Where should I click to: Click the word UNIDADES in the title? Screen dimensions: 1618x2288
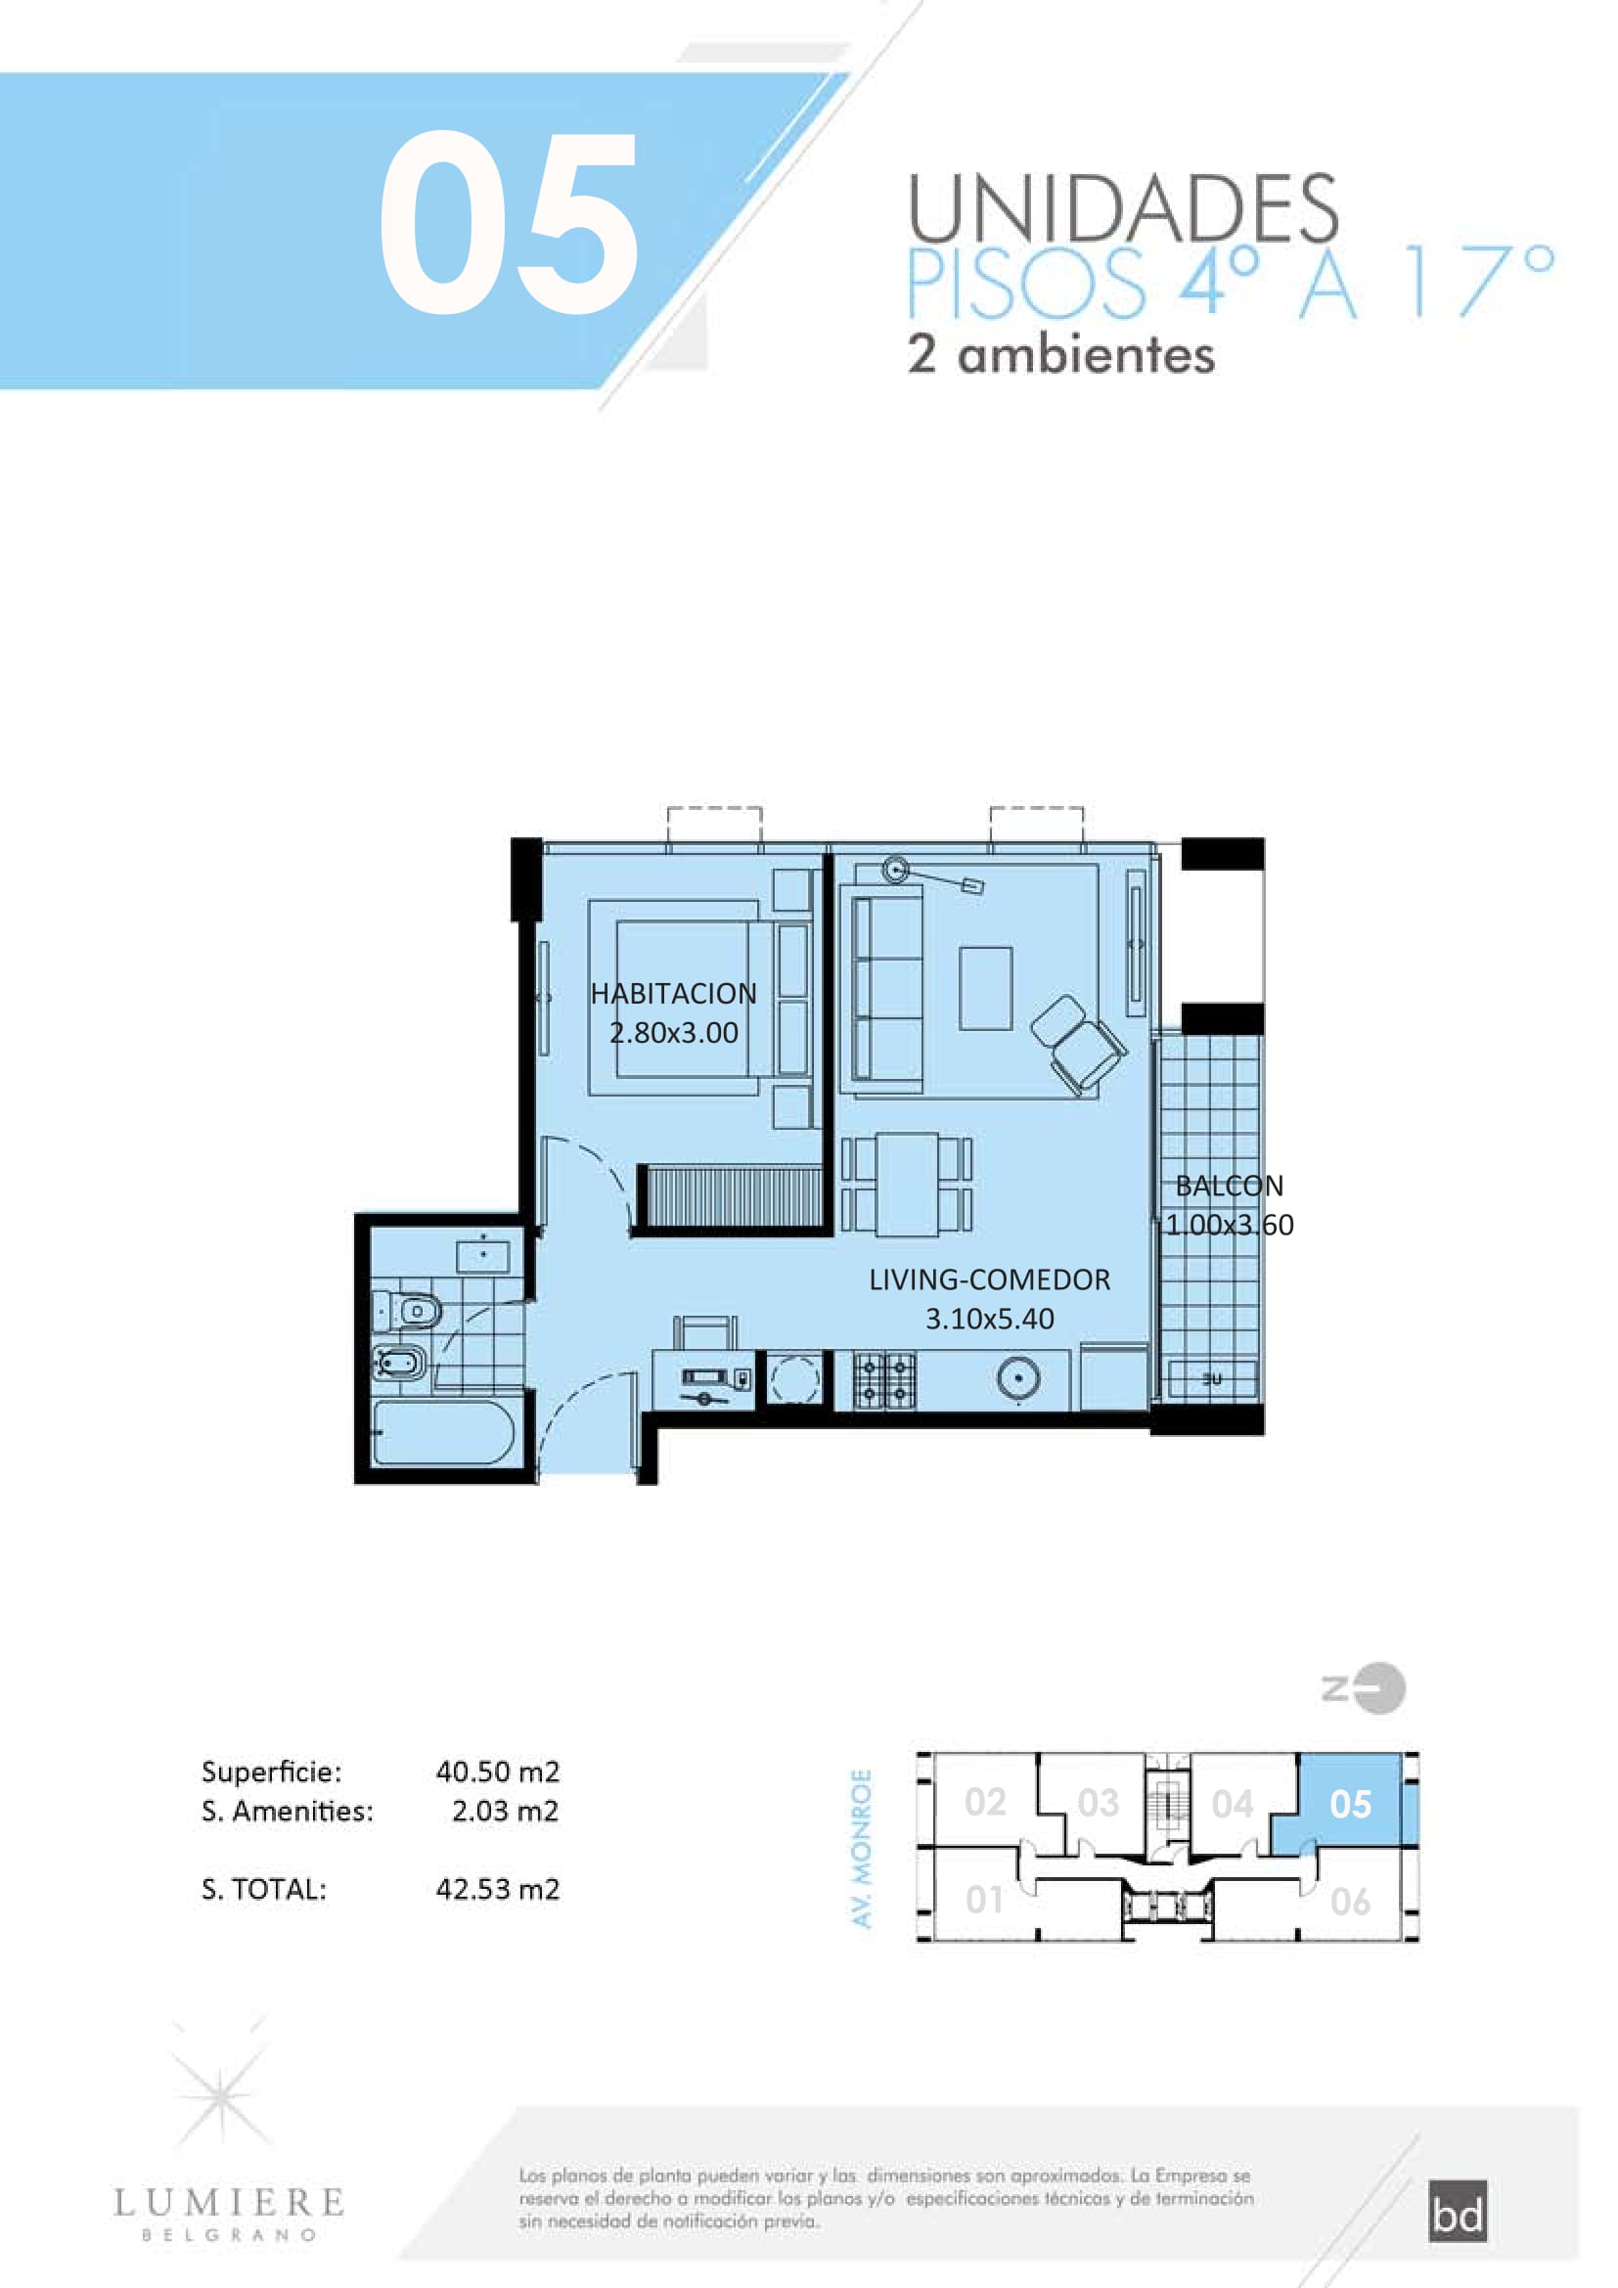(x=1123, y=209)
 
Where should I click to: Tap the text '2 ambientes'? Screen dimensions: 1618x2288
(x=1061, y=355)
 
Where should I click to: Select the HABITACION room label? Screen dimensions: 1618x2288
(x=673, y=994)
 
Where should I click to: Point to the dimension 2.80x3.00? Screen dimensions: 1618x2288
(x=673, y=1032)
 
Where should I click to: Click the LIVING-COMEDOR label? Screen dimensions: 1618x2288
(x=989, y=1279)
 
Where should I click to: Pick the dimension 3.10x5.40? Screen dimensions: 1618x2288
(x=989, y=1319)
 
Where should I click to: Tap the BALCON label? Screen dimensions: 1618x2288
(x=1230, y=1186)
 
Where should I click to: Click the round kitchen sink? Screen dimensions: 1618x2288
(x=1018, y=1379)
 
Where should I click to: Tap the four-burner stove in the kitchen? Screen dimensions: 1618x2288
(x=884, y=1379)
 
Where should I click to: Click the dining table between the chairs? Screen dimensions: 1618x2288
(x=907, y=1184)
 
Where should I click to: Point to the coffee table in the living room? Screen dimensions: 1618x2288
(x=985, y=989)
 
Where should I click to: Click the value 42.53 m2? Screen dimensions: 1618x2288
(x=497, y=1890)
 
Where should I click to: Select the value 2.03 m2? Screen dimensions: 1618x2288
(x=505, y=1811)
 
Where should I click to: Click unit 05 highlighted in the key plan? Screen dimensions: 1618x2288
(x=1350, y=1804)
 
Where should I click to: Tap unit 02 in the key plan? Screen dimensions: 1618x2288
(x=984, y=1802)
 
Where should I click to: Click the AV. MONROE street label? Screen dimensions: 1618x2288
(x=862, y=1849)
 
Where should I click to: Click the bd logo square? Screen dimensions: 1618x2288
(x=1458, y=2212)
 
